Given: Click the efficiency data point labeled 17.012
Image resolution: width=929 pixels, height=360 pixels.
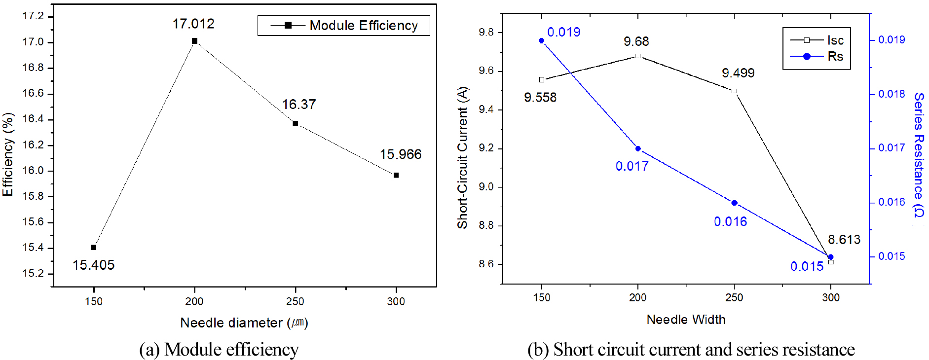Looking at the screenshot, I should pos(194,41).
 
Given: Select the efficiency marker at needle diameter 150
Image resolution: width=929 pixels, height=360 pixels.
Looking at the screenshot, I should pos(94,247).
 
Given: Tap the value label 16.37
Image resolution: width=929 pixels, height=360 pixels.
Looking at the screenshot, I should pos(299,105).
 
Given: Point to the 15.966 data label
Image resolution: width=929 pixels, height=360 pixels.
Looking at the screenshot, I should pos(401,154).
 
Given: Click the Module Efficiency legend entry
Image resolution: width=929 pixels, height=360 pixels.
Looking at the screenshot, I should pos(363,26).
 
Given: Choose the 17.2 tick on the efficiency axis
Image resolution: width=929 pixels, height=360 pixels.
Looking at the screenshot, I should pos(33,16).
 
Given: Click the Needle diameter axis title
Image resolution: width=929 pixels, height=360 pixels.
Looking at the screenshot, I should pos(244,323).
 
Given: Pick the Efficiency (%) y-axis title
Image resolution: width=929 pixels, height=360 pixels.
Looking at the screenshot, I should pos(8,154).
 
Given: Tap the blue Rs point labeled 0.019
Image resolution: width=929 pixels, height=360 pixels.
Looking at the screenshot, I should pos(542,41).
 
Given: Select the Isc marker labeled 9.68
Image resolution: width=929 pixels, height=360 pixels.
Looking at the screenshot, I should pos(638,56).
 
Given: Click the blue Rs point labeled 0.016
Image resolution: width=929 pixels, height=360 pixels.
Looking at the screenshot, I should pos(734,203).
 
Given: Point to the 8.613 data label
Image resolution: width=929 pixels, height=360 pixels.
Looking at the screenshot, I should pos(844,240).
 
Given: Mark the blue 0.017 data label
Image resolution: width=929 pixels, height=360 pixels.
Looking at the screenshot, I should pos(632,166).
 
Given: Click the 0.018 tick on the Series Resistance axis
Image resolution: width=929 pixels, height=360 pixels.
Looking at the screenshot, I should pos(892,94).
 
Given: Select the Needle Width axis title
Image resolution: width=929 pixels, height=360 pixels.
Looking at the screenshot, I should pos(686,320).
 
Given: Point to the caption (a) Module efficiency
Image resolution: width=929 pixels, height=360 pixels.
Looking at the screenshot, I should pos(219,349).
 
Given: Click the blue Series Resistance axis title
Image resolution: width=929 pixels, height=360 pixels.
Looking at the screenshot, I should pos(918,154).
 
